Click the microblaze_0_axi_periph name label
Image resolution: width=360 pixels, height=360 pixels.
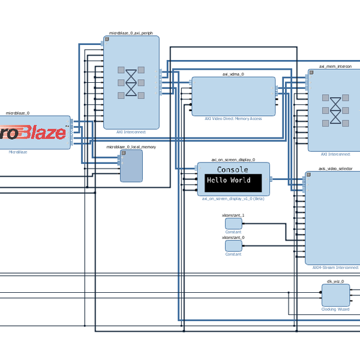(131, 32)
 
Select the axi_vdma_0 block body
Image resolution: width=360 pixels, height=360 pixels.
(233, 96)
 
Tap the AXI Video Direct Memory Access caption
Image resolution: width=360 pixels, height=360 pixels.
(233, 119)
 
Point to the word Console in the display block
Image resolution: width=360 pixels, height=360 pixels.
(233, 170)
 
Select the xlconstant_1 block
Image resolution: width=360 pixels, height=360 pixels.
(233, 224)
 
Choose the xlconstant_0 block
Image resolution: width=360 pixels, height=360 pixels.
(233, 246)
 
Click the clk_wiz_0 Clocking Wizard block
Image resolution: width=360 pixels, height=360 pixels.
(335, 295)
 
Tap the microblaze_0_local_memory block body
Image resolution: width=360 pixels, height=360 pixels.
(131, 166)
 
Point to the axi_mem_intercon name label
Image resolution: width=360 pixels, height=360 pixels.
(335, 66)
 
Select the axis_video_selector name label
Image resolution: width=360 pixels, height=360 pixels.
(335, 169)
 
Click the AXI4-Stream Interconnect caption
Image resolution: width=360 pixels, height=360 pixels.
(335, 268)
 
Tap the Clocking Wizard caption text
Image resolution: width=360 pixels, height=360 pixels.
(335, 310)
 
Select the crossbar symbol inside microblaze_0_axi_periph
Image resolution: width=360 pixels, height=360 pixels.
(131, 82)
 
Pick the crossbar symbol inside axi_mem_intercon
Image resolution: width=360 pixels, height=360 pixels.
(335, 110)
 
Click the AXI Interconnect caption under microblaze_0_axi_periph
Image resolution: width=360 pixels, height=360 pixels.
(131, 132)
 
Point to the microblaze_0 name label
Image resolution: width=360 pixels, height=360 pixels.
(17, 113)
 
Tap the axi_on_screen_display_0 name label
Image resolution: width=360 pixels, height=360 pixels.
(233, 160)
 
